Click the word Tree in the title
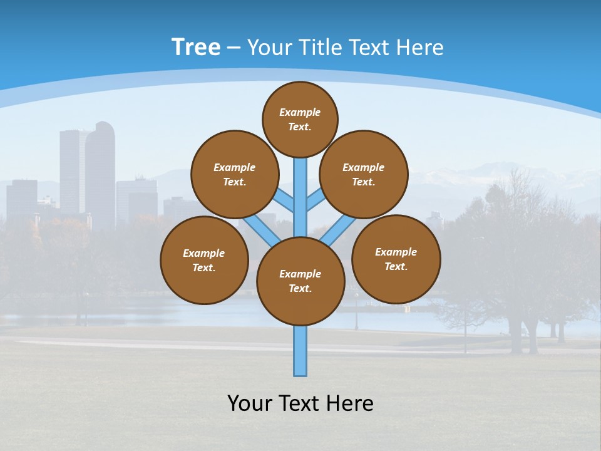pyautogui.click(x=196, y=48)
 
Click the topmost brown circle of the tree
pyautogui.click(x=300, y=119)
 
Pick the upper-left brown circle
pyautogui.click(x=234, y=174)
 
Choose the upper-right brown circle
pyautogui.click(x=364, y=174)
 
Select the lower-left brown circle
pyautogui.click(x=204, y=260)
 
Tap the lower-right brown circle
pyautogui.click(x=396, y=259)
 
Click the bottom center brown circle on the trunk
pyautogui.click(x=300, y=281)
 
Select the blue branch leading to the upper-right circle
pyautogui.click(x=315, y=202)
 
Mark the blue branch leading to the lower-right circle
pyautogui.click(x=339, y=230)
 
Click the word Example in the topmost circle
pyautogui.click(x=300, y=112)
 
